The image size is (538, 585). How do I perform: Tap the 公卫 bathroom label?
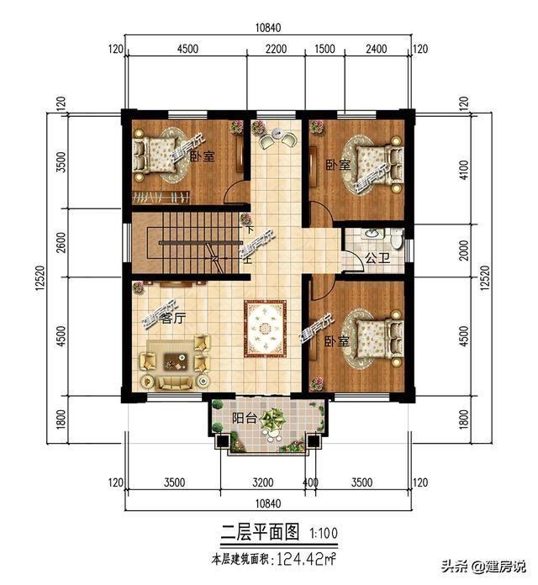point(375,261)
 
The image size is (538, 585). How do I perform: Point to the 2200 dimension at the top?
point(276,48)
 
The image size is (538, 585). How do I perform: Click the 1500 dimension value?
point(324,48)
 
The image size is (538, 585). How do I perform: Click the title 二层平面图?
point(261,532)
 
